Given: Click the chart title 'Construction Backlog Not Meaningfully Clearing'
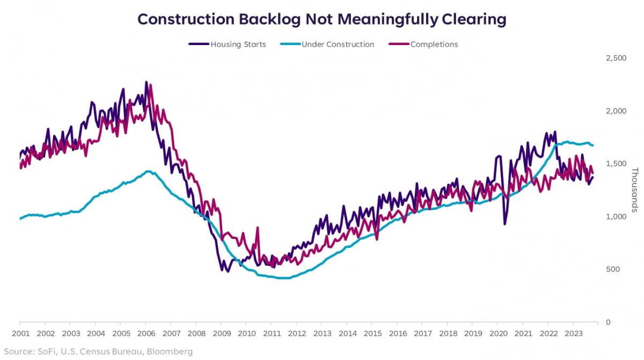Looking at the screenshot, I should point(322,20).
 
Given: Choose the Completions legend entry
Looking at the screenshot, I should point(434,45).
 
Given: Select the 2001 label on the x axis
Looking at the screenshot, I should point(20,333).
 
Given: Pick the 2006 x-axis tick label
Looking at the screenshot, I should point(145,333).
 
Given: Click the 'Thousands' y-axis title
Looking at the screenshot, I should point(634,190).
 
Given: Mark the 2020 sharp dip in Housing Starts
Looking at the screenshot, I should point(504,223).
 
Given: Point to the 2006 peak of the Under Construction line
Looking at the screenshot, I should point(148,172).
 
